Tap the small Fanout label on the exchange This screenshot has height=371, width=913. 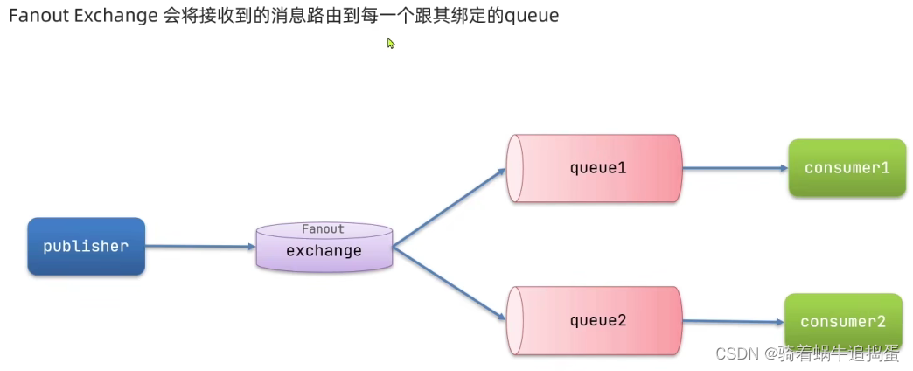pyautogui.click(x=323, y=229)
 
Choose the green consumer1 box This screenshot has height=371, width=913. pyautogui.click(x=847, y=167)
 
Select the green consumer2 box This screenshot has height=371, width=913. pyautogui.click(x=843, y=321)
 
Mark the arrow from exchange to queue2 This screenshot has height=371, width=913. pyautogui.click(x=450, y=283)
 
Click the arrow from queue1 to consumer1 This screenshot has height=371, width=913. pyautogui.click(x=734, y=168)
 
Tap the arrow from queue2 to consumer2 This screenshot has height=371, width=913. pyautogui.click(x=732, y=321)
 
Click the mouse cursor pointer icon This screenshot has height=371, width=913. pyautogui.click(x=391, y=43)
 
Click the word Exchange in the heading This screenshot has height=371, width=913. pyautogui.click(x=118, y=16)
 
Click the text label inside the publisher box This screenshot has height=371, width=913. pyautogui.click(x=86, y=247)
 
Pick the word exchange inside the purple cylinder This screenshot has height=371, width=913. pyautogui.click(x=324, y=251)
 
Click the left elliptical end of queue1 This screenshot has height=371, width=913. pyautogui.click(x=515, y=168)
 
